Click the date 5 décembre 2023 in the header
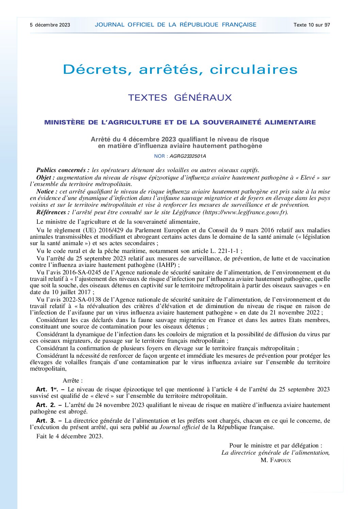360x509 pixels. click(50, 25)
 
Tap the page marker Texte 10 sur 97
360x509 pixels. click(312, 25)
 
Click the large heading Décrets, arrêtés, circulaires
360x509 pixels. click(180, 70)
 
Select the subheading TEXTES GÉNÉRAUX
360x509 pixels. click(180, 98)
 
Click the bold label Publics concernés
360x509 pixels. click(63, 170)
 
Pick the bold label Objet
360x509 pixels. click(46, 177)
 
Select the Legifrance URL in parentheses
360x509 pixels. click(245, 213)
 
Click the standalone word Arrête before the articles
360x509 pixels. click(72, 380)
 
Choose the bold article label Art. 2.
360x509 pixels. click(46, 405)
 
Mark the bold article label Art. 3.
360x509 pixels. click(46, 421)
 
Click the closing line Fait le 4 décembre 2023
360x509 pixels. click(70, 436)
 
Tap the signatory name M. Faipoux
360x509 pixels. click(276, 460)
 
